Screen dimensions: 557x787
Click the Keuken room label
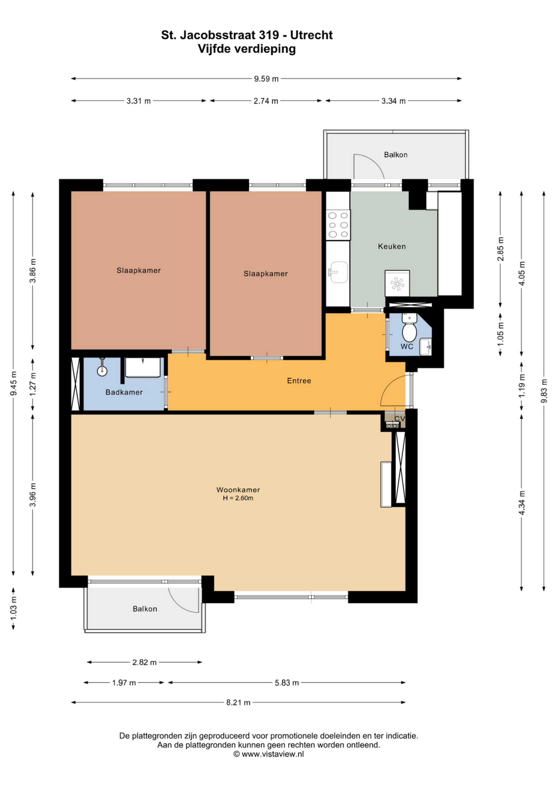coord(392,246)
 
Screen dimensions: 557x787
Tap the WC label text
coord(407,346)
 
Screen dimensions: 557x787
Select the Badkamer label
coord(124,392)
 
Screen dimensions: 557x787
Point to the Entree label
coord(299,381)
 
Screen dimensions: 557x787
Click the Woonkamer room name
coord(238,490)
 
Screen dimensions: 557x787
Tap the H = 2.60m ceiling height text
coord(238,498)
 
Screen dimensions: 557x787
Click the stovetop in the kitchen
coord(338,225)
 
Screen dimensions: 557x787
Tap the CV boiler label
coord(399,419)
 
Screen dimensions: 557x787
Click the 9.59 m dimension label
coord(266,79)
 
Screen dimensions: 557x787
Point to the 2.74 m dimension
coord(266,101)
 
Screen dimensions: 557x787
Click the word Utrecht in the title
coord(311,35)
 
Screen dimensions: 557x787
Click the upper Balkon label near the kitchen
coord(396,155)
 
